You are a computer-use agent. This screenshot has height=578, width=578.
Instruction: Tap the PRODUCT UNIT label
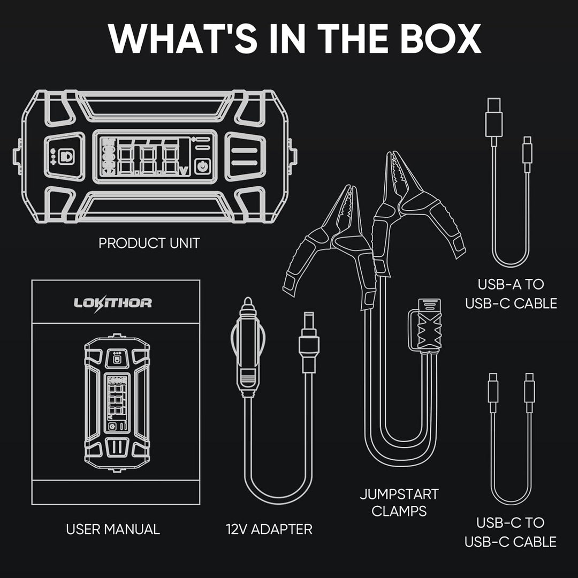coord(149,243)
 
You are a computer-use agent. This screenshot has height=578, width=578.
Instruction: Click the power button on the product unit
coord(202,166)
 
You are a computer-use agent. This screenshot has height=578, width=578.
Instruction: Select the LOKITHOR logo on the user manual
coord(112,303)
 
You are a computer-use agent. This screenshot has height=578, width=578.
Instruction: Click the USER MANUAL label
coord(113,529)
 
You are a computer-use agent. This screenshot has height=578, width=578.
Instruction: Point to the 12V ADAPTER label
coord(269,529)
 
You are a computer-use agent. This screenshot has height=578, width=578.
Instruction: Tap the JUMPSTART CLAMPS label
coord(399,502)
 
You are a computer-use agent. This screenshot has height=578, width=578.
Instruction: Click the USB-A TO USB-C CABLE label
coord(511,293)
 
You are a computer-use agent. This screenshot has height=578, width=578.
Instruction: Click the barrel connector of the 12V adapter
coord(309,343)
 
